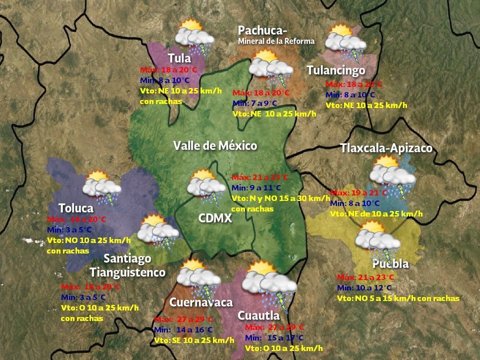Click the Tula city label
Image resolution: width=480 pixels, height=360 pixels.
(x=179, y=58)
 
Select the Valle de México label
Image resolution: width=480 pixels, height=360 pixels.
(x=215, y=146)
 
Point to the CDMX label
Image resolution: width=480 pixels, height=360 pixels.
(x=215, y=218)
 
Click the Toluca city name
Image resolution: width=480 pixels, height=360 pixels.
(x=75, y=208)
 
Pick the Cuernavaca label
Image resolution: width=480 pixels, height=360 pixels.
(x=201, y=302)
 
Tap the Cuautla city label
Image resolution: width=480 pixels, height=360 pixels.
(x=258, y=315)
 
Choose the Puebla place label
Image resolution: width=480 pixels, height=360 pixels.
(x=390, y=263)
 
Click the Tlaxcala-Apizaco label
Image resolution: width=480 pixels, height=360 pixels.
(x=386, y=148)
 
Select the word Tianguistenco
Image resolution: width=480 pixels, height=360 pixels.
(x=127, y=272)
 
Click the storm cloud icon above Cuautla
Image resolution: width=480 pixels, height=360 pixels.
(x=268, y=284)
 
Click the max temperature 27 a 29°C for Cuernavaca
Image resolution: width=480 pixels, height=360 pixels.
(x=184, y=319)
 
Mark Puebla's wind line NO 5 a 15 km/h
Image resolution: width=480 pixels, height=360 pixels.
(x=397, y=298)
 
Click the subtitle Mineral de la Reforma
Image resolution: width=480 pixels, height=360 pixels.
(x=276, y=41)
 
